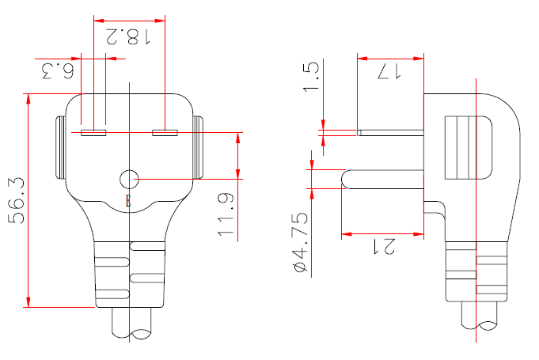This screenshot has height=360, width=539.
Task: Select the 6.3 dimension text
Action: tap(58, 72)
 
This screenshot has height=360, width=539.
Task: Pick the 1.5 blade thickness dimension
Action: tap(312, 77)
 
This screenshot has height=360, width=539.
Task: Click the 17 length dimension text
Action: tap(388, 72)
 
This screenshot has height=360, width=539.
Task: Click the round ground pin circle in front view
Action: tap(128, 180)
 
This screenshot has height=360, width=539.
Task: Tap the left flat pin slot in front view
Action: tap(94, 132)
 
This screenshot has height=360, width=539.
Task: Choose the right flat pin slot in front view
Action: tap(165, 132)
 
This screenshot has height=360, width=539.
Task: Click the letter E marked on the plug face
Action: tap(129, 200)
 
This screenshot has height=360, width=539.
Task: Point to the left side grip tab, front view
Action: tap(59, 148)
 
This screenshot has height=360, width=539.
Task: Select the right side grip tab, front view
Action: tap(198, 148)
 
